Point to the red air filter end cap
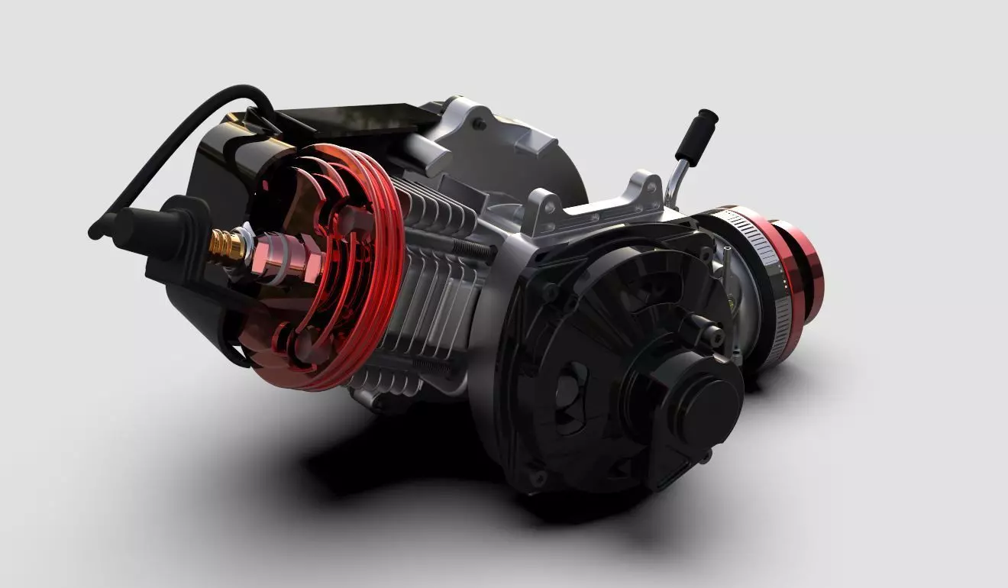point(802,267)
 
